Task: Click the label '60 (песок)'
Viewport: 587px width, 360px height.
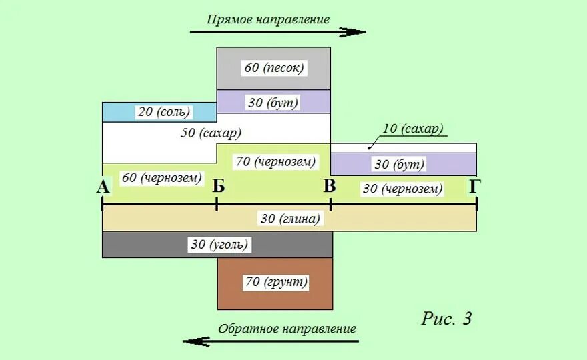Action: pos(273,68)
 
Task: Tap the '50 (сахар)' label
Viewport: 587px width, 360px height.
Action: pos(211,133)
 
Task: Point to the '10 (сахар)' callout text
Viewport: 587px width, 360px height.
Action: pos(414,129)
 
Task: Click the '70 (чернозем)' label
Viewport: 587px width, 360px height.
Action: pos(275,161)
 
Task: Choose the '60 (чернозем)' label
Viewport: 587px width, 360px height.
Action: pos(161,178)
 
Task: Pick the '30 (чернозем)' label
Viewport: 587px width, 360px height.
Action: pos(402,189)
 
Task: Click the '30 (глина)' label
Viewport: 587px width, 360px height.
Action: pos(289,219)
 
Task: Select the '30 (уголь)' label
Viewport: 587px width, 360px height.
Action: pos(219,245)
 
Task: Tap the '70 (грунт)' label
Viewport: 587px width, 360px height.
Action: pos(276,282)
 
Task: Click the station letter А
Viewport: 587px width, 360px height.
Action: pos(103,187)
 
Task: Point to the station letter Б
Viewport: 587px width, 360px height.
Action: pos(219,187)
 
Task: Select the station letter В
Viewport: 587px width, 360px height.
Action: pos(329,186)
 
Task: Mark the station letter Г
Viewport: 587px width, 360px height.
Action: pos(474,187)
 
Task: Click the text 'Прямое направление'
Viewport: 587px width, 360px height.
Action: pos(268,19)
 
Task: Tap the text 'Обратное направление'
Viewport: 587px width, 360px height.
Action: pos(287,329)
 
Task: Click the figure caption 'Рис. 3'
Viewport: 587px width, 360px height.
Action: pos(446,319)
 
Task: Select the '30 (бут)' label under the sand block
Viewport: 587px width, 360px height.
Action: pos(273,103)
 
